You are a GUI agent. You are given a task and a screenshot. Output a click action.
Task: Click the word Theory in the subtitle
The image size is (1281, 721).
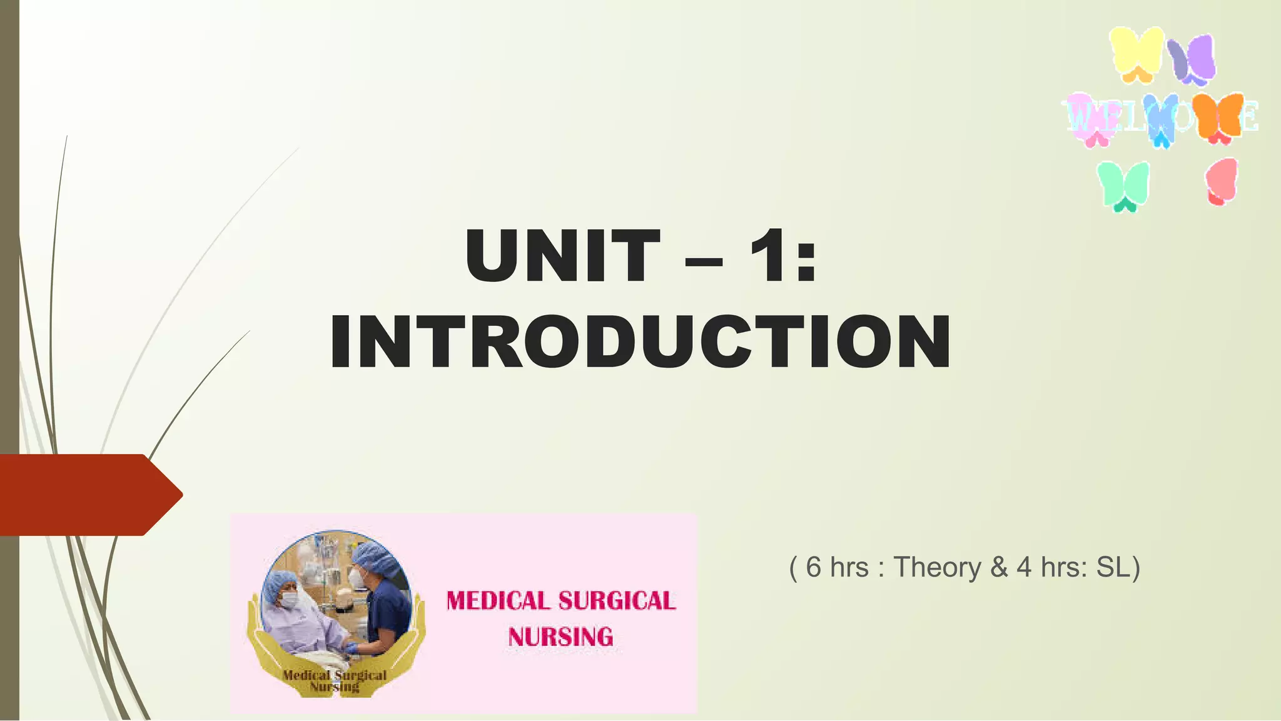pos(937,567)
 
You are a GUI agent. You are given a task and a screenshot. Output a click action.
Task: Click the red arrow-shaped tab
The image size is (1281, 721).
pos(88,495)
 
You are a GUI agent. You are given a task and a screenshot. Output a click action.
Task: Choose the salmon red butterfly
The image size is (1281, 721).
pos(1222,181)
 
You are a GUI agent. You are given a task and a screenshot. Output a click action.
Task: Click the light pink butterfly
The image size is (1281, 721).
pos(1088,119)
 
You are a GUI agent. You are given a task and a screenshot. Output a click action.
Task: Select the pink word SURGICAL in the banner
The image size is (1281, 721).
pos(617,601)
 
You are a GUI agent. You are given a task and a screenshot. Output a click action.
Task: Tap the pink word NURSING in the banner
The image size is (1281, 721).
pos(560,637)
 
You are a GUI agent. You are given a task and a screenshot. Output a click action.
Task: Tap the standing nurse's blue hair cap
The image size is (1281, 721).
pos(375,557)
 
